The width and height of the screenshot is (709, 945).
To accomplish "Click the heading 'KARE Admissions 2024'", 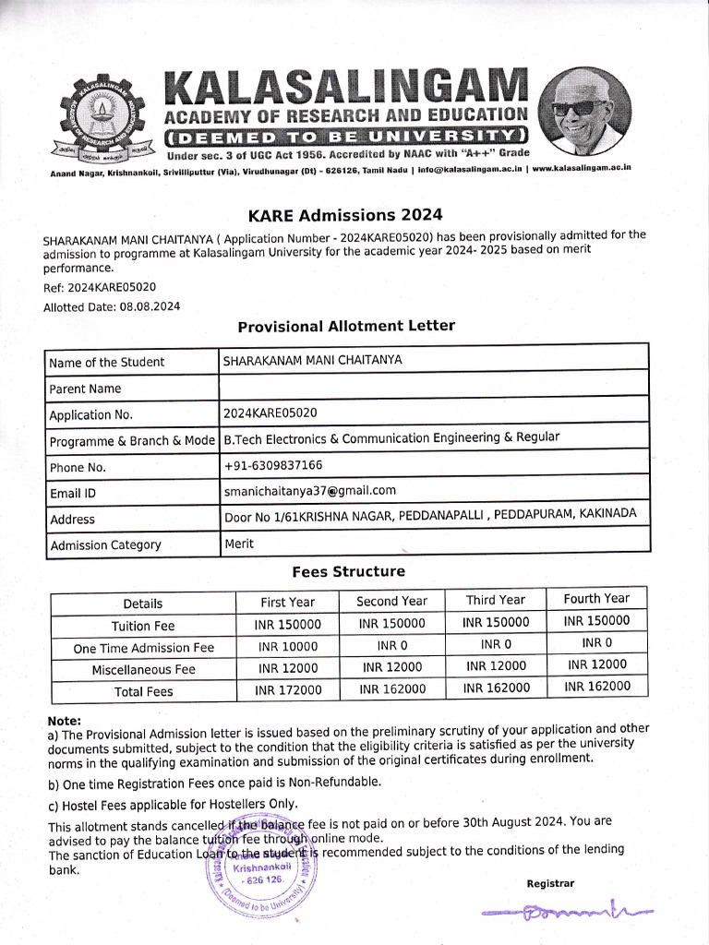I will pos(345,215).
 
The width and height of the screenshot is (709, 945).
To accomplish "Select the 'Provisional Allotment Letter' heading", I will pos(346,326).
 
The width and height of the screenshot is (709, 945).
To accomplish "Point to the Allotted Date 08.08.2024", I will pos(150,306).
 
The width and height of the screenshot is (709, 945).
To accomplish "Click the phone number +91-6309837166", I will pos(272,465).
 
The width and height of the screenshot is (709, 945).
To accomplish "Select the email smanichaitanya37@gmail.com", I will pos(309,491).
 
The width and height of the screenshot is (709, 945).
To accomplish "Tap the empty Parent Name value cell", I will pos(434,387).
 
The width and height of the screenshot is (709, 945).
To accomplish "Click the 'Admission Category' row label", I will pos(105,545).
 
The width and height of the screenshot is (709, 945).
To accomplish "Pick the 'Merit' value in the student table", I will pos(239,544).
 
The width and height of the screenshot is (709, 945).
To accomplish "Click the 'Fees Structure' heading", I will pos(348,571).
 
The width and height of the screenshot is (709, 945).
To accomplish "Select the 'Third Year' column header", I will pos(495,600).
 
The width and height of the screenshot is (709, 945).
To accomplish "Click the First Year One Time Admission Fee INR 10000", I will pos(287,647).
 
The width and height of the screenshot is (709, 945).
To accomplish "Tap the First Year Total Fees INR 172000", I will pos(288,689).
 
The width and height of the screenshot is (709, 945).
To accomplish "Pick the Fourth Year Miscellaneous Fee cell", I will pos(596,664).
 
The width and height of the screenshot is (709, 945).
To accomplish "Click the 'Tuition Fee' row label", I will pos(143,626).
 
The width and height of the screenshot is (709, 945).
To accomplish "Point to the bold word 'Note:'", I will pos(64,721).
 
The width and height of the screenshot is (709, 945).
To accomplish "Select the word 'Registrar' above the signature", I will pos(550,883).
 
